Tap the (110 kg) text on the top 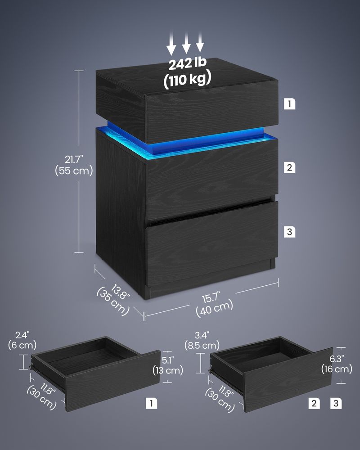click(x=187, y=80)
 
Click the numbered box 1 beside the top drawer click(x=289, y=104)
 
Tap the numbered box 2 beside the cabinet click(x=289, y=168)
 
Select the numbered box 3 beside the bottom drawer click(x=289, y=232)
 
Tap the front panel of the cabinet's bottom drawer click(x=211, y=245)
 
